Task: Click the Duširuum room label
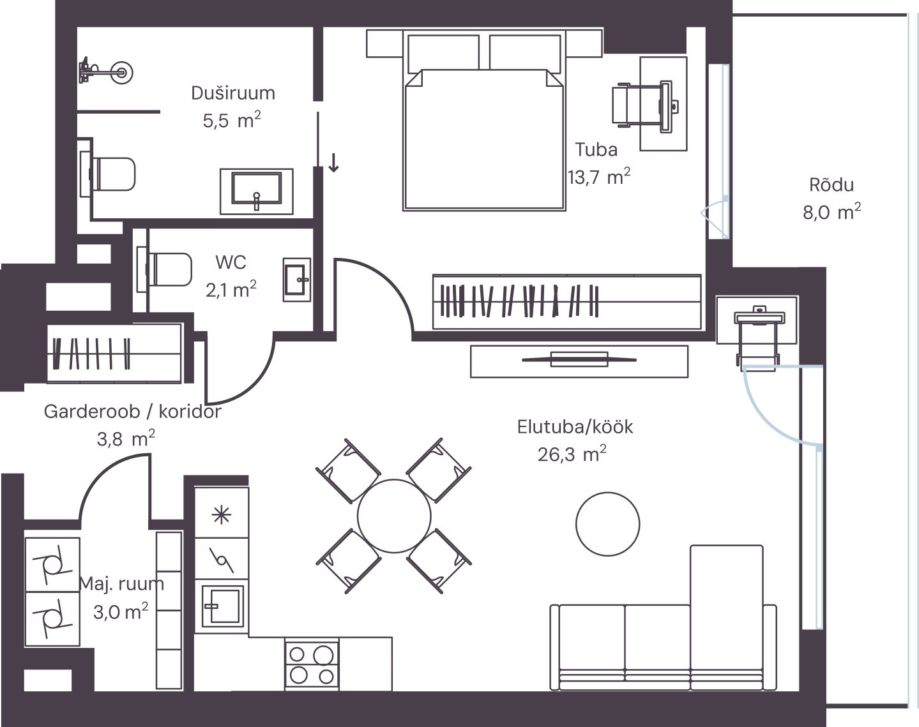coord(232,93)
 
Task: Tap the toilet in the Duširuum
coord(108,174)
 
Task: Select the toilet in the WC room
coord(164,269)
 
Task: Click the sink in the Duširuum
coord(256,191)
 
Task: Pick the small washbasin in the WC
coord(297,280)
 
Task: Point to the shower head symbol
coord(107,71)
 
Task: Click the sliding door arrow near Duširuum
coord(333,162)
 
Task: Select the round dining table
coord(394,516)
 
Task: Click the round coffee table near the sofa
coord(607,524)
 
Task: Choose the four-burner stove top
coord(312,664)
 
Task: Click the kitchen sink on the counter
coord(222,606)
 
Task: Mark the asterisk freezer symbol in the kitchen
coord(222,515)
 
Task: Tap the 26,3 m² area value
coord(572,454)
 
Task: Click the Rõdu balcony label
coord(832,185)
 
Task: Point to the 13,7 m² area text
coord(598,176)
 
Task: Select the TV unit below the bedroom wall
coord(579,361)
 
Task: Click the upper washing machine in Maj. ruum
coord(52,565)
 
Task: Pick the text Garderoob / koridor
coord(132,412)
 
